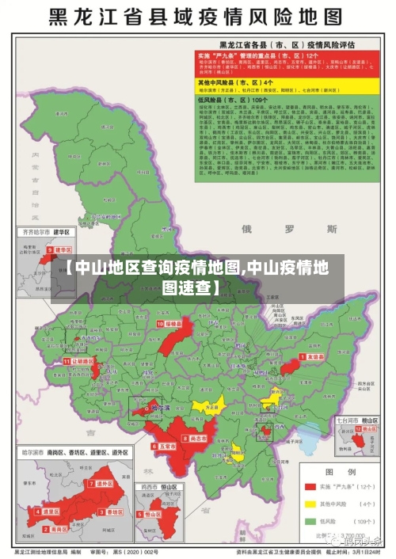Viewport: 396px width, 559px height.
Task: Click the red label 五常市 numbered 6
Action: (166, 447)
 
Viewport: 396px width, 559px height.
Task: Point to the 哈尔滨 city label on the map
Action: (161, 409)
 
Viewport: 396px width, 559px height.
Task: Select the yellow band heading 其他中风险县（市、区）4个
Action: (247, 82)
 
